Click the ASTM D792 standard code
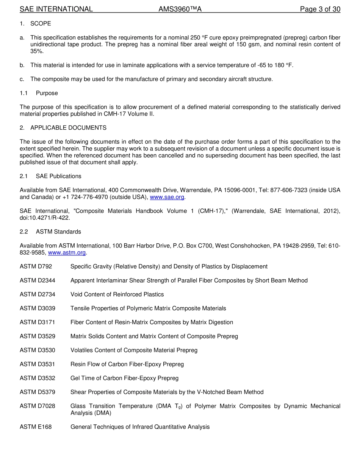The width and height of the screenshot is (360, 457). pyautogui.click(x=36, y=266)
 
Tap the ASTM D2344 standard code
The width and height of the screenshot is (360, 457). pyautogui.click(x=37, y=280)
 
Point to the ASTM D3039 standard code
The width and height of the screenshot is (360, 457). pyautogui.click(x=37, y=308)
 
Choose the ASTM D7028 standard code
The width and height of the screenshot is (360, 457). pyautogui.click(x=37, y=406)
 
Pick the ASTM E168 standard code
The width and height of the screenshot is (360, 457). pyautogui.click(x=36, y=427)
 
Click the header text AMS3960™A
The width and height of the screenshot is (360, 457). pyautogui.click(x=180, y=9)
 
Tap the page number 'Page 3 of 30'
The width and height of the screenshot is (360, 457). pyautogui.click(x=320, y=9)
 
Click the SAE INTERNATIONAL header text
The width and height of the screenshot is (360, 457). pyautogui.click(x=56, y=9)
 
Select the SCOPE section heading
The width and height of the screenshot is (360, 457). pyautogui.click(x=41, y=23)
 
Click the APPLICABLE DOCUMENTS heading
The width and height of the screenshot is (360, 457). pyautogui.click(x=68, y=128)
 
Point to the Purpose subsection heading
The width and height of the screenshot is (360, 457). pyautogui.click(x=47, y=93)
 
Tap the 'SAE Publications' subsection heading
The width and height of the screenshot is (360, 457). pyautogui.click(x=58, y=176)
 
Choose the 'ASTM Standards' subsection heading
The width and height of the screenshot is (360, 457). pyautogui.click(x=58, y=232)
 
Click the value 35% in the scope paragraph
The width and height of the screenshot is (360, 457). pyautogui.click(x=37, y=51)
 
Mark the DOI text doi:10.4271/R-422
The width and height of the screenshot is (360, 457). pyautogui.click(x=45, y=218)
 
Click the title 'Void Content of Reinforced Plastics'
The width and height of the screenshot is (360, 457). pyautogui.click(x=117, y=294)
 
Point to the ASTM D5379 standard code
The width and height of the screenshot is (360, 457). pyautogui.click(x=37, y=392)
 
